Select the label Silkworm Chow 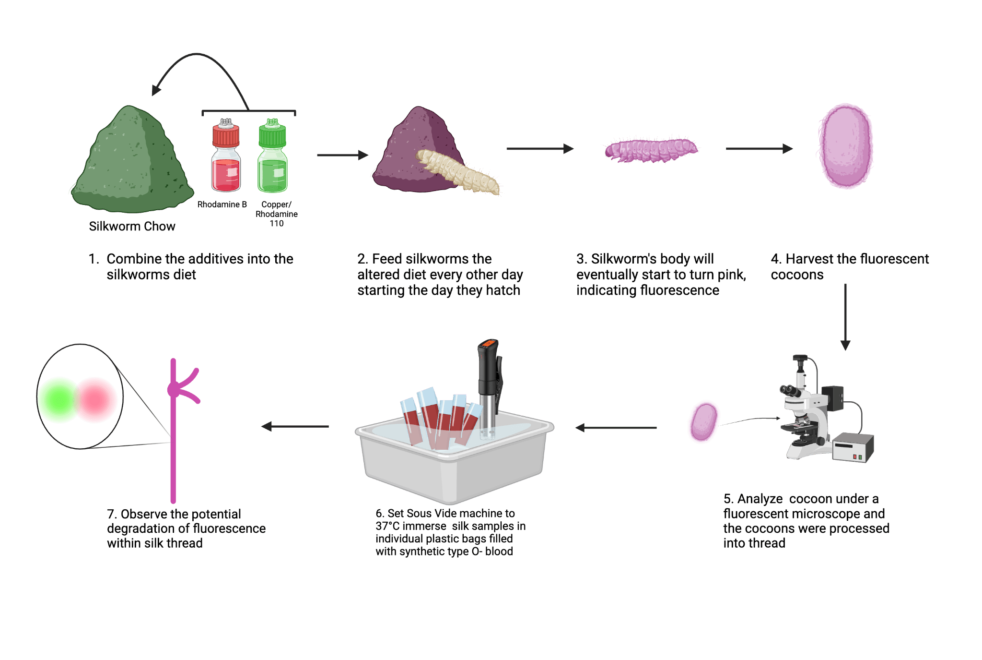point(132,227)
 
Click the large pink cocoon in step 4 point(845,146)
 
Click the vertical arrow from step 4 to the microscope point(845,317)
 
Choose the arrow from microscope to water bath point(616,427)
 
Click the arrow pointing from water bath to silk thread point(295,426)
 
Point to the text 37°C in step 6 point(387,526)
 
